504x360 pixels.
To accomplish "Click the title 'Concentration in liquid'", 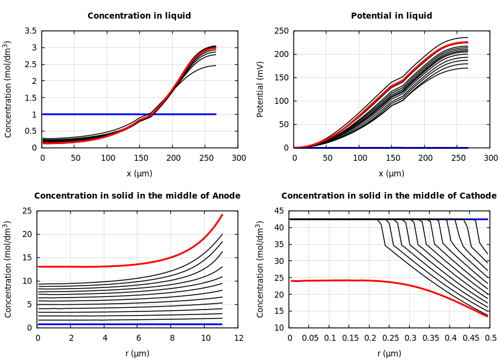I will [x=139, y=16].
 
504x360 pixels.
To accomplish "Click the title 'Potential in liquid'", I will [x=391, y=16].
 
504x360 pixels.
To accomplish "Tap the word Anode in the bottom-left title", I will [x=226, y=196].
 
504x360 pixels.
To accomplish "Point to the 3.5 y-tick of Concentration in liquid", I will [x=30, y=31].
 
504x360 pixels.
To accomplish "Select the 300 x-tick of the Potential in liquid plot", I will [x=490, y=158].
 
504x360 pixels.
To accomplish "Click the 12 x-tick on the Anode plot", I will [x=239, y=338].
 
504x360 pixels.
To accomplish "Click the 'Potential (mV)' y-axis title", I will [x=260, y=89].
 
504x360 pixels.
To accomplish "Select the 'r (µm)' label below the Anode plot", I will [x=137, y=353].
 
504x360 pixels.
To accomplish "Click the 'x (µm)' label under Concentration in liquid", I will [x=139, y=173].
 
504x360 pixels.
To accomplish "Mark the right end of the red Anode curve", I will [x=222, y=214].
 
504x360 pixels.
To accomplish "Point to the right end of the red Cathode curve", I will [x=487, y=316].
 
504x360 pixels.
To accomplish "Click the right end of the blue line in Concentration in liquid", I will [x=215, y=114].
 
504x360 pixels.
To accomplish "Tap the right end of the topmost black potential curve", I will [x=467, y=37].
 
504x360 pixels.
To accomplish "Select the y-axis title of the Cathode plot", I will [x=260, y=269].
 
